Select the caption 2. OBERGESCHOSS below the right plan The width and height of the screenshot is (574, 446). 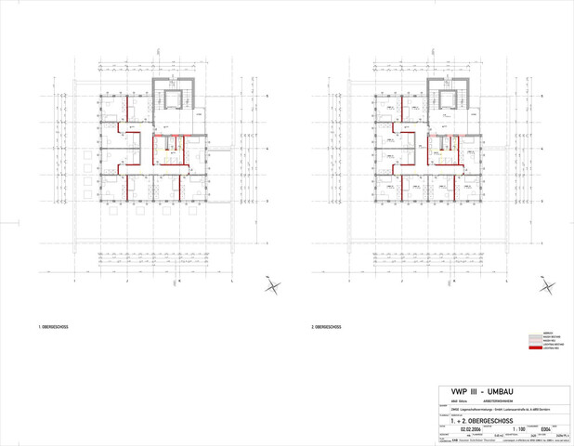pos(329,327)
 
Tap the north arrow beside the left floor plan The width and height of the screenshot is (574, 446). pos(271,286)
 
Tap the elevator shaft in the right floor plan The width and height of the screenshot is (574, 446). pos(445,99)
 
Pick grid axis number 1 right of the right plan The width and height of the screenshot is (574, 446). pos(541,243)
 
